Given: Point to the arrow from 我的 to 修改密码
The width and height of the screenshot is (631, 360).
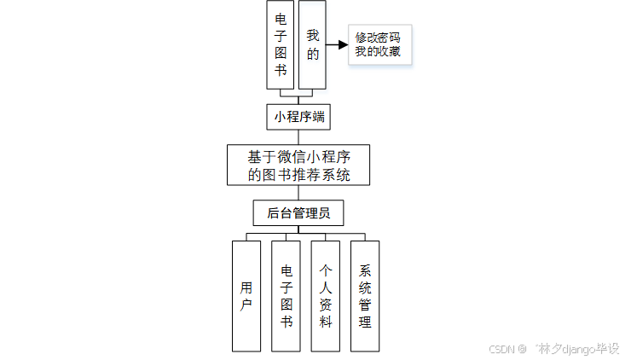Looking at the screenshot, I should point(337,44).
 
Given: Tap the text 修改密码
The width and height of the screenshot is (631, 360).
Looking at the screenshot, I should point(378,38).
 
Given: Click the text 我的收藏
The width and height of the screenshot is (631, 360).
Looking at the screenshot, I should point(378,52).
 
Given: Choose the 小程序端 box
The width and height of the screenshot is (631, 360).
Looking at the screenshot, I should point(298,115).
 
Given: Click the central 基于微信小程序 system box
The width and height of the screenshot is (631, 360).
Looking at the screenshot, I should point(298,165).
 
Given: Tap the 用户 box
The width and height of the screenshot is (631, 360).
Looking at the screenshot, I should point(246,295).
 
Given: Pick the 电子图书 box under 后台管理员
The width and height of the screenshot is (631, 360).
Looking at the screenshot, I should point(286,295).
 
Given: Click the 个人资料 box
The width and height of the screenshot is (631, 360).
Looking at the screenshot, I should point(325,295).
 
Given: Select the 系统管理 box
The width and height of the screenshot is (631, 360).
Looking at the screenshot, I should point(365,295).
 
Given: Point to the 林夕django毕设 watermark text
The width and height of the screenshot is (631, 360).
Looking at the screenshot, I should point(577,349).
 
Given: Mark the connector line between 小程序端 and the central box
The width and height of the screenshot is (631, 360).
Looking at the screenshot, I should point(298,136).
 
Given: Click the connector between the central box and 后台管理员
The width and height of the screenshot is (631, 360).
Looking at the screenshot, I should point(298,192).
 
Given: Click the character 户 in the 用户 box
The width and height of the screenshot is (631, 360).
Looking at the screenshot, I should point(246,305).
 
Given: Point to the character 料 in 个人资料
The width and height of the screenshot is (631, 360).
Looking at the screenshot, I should point(326,322).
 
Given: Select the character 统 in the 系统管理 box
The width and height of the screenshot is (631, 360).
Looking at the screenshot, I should point(365,286).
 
